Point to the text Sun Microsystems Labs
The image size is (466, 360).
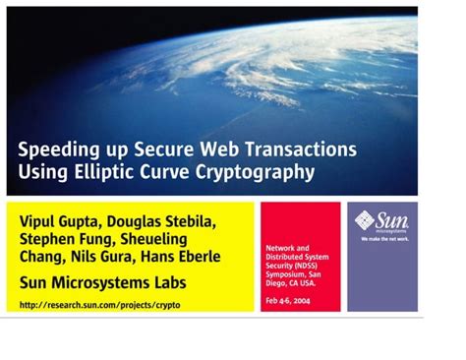click(103, 284)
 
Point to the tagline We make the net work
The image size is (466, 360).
click(382, 239)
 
